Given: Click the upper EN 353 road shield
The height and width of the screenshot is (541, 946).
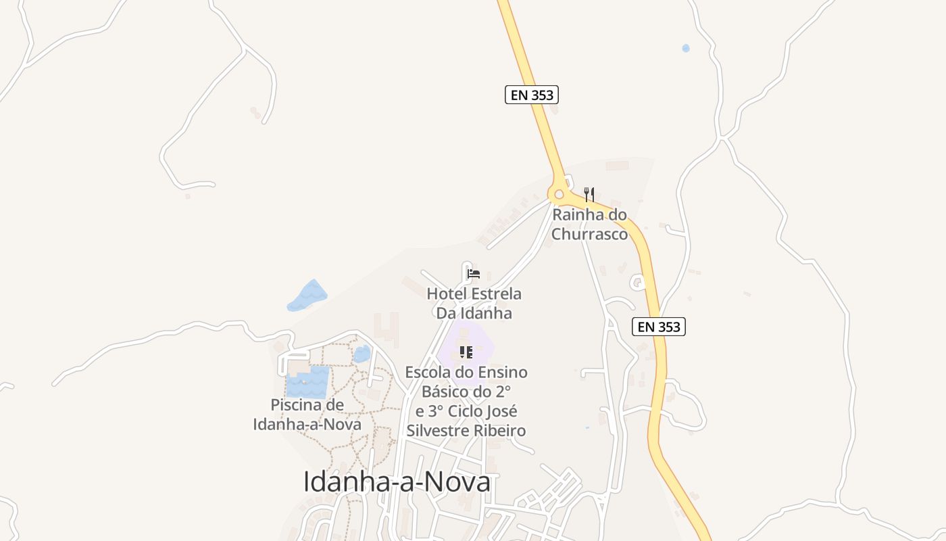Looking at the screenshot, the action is pyautogui.click(x=532, y=95).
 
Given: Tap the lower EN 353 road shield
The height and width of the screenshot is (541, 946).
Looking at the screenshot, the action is pyautogui.click(x=659, y=327).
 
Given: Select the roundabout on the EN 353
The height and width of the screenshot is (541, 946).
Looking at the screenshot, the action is pyautogui.click(x=559, y=195).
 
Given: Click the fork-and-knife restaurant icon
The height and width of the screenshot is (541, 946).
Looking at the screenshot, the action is pyautogui.click(x=589, y=195).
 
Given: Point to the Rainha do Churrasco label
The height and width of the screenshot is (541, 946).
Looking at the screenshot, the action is pyautogui.click(x=590, y=225).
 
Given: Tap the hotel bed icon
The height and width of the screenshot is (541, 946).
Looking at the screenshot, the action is pyautogui.click(x=474, y=274).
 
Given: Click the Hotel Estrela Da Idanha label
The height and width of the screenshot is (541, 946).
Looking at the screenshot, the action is pyautogui.click(x=474, y=304).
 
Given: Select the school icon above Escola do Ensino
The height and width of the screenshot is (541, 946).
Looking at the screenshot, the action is pyautogui.click(x=466, y=352).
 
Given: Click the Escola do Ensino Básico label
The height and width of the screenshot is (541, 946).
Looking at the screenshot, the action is pyautogui.click(x=466, y=401).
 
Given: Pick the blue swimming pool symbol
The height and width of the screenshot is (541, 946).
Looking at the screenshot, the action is pyautogui.click(x=307, y=382).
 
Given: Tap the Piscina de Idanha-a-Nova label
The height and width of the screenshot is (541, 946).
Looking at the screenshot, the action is pyautogui.click(x=307, y=415).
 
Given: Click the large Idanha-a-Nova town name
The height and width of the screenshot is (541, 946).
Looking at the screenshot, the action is pyautogui.click(x=397, y=482).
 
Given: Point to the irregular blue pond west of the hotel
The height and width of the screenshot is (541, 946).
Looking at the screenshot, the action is pyautogui.click(x=307, y=296).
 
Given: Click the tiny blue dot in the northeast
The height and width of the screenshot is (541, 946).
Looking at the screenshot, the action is pyautogui.click(x=686, y=48).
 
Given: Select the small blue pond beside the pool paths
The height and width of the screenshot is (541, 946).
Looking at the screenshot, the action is pyautogui.click(x=362, y=354).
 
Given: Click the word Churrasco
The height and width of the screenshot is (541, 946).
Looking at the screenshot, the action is pyautogui.click(x=590, y=234).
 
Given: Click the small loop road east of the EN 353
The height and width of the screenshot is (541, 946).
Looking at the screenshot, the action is pyautogui.click(x=637, y=281).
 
